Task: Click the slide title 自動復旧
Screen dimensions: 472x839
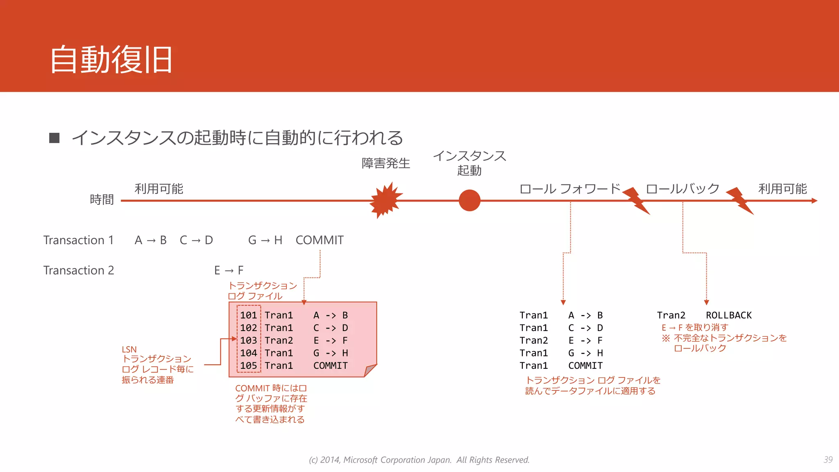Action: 111,60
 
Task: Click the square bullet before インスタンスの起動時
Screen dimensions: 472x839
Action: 54,138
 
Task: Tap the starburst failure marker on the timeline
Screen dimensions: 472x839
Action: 385,200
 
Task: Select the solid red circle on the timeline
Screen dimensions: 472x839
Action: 469,200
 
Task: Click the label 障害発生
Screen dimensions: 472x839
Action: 385,163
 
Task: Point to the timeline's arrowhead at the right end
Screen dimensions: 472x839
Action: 814,201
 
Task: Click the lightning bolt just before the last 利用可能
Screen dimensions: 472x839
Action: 740,200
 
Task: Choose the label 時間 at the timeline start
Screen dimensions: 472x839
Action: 102,200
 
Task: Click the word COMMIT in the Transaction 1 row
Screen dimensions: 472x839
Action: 320,240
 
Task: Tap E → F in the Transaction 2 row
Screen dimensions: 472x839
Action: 229,270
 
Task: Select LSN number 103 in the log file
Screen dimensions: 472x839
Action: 248,340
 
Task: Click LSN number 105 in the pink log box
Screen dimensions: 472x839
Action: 248,365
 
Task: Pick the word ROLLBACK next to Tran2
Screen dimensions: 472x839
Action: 728,315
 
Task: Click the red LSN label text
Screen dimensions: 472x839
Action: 129,349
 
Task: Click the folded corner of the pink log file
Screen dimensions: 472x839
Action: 370,370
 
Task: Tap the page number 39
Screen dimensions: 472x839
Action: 828,460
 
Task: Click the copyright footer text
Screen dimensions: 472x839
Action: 419,460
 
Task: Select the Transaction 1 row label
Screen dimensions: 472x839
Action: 78,240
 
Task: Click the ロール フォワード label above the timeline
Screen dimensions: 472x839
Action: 570,189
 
